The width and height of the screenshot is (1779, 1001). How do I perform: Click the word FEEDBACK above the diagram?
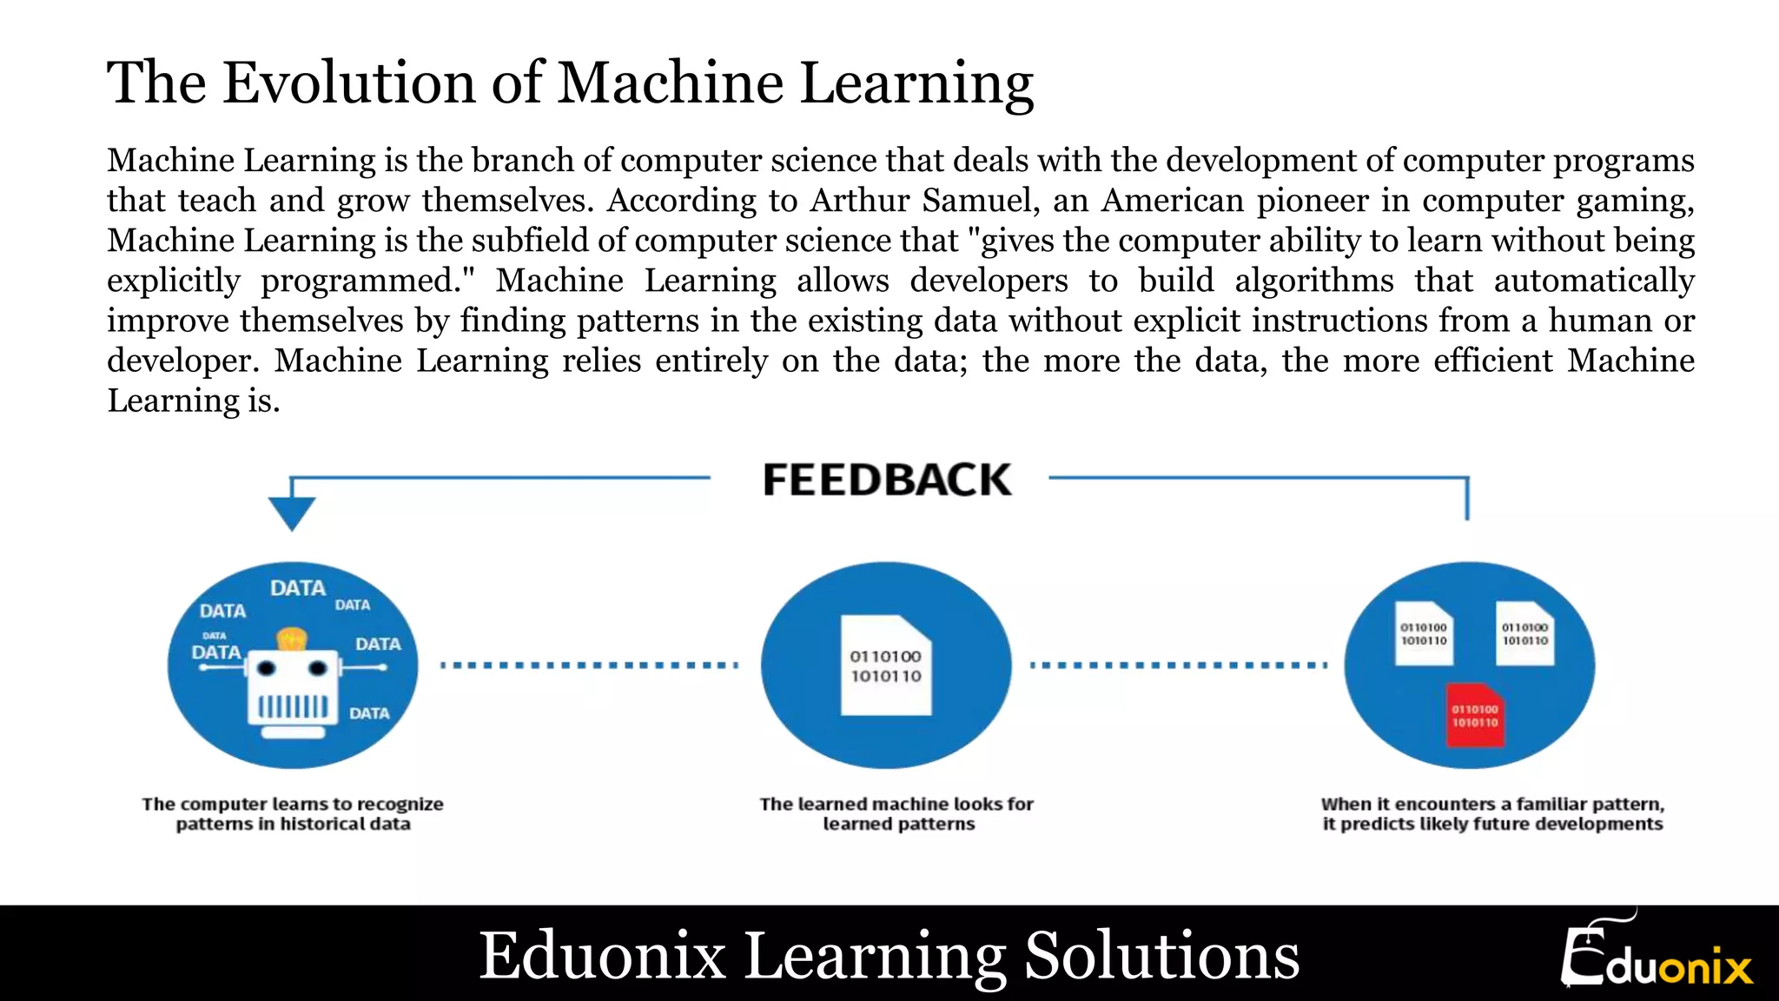point(887,481)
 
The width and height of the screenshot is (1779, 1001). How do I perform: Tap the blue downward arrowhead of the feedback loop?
point(292,513)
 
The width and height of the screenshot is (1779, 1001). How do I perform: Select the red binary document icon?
point(1475,715)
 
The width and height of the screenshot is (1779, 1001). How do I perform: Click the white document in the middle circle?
point(886,666)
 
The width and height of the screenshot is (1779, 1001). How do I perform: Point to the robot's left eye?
point(267,668)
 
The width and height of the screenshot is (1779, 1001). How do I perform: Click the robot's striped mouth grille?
point(293,706)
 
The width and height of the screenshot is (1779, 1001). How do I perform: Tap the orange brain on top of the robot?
point(292,640)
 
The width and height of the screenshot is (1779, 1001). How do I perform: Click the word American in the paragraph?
point(1173,201)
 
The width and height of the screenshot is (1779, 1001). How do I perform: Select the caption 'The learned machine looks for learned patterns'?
point(897,814)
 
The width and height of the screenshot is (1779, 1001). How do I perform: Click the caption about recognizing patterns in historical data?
point(293,814)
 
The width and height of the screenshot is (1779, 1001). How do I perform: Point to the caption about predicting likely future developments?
point(1492,814)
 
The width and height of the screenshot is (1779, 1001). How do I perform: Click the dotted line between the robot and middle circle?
point(589,666)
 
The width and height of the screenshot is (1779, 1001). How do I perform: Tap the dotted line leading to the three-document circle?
point(1178,666)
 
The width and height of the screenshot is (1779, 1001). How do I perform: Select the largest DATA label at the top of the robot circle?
point(298,588)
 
